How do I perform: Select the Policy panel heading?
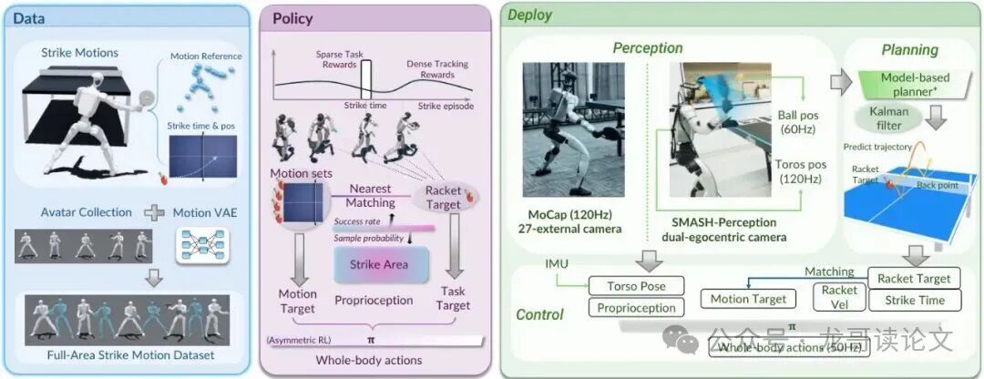(293, 18)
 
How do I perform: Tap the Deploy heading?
(530, 15)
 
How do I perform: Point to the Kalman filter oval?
(883, 118)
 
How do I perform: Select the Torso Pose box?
(635, 286)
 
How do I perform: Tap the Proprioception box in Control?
(635, 308)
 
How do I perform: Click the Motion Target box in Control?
(748, 299)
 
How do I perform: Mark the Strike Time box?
(914, 301)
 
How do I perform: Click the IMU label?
(557, 264)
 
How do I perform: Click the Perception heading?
(648, 47)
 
